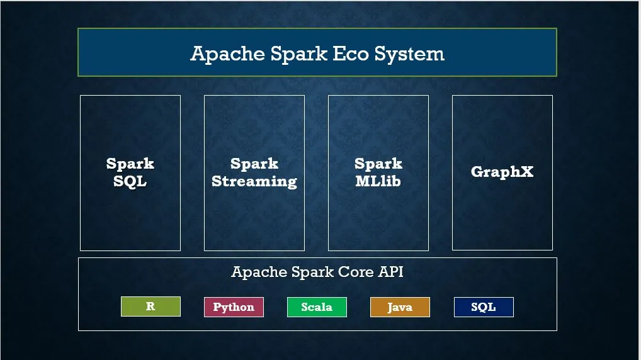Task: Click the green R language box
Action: point(150,307)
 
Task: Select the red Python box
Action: point(234,307)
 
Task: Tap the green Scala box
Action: point(317,307)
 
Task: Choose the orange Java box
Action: point(400,307)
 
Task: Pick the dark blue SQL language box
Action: point(484,307)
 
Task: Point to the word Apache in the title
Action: point(227,53)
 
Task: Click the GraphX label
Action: point(502,172)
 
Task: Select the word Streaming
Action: point(254,181)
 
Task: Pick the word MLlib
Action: point(378,181)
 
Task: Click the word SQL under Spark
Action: point(130,181)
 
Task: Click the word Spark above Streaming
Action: point(254,164)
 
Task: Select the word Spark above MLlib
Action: point(378,164)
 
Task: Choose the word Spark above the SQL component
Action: point(130,164)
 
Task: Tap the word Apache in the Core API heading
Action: point(259,273)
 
